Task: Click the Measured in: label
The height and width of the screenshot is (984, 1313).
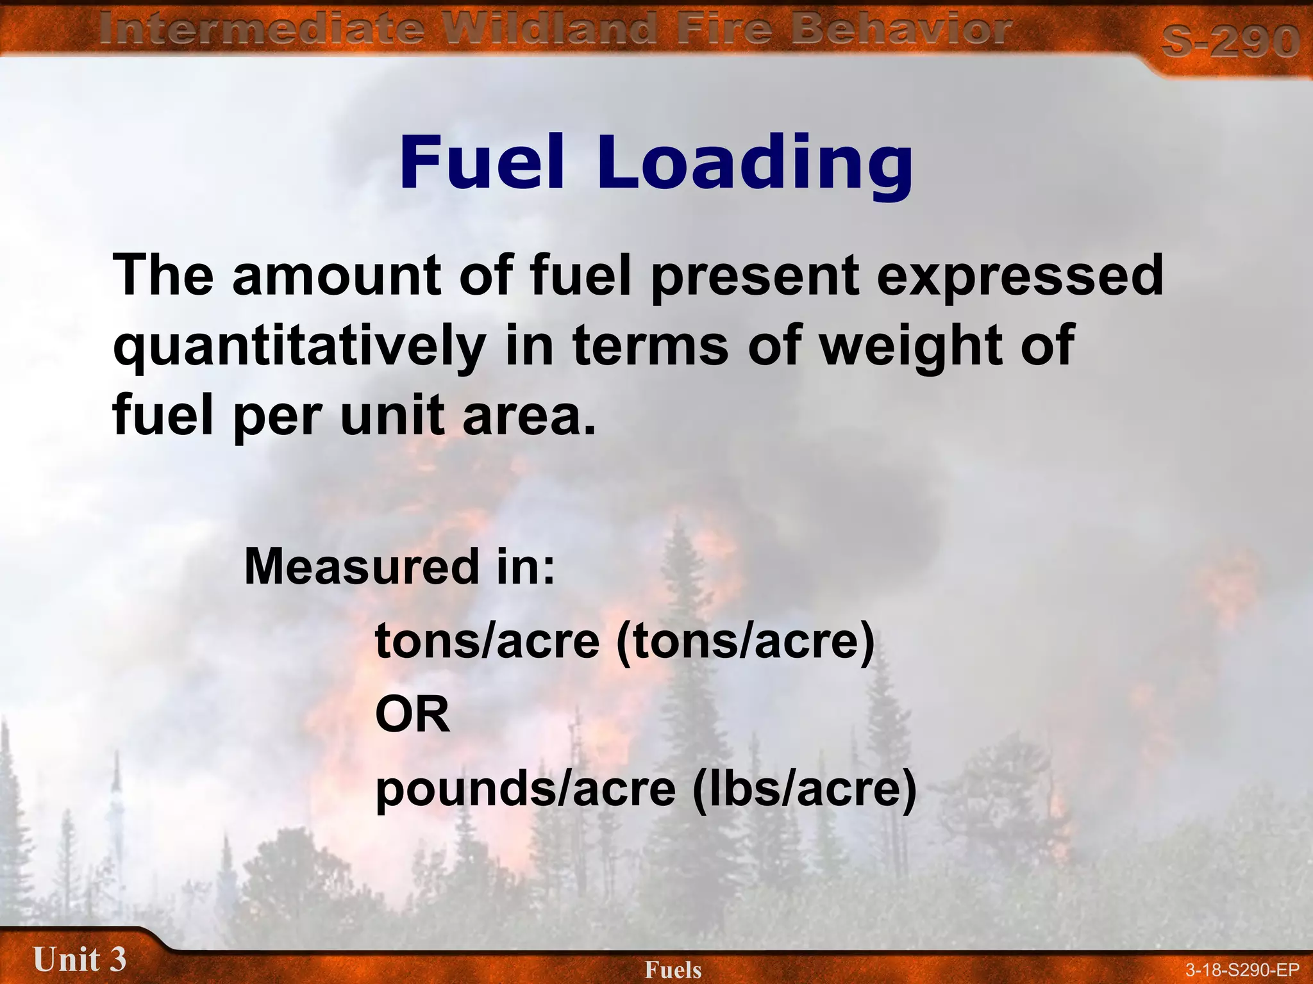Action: (399, 566)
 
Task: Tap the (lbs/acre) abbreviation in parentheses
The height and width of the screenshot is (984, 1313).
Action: (805, 789)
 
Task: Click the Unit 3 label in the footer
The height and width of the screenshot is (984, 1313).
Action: (79, 959)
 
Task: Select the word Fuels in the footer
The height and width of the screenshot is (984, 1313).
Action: (673, 969)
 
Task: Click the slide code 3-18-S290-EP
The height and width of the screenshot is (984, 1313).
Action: (1242, 969)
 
